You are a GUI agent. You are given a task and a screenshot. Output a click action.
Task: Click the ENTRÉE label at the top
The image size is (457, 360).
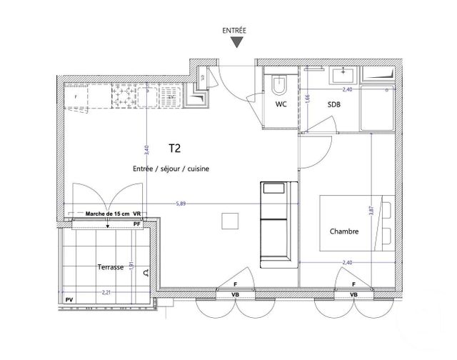[x=236, y=31]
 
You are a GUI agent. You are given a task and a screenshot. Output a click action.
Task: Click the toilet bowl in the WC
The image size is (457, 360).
[x=279, y=84]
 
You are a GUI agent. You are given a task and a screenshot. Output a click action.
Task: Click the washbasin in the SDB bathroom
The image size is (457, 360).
[x=344, y=74]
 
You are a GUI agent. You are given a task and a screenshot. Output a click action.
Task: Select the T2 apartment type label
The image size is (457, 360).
[x=174, y=149]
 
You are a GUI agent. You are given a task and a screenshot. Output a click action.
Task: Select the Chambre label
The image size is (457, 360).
[x=343, y=231]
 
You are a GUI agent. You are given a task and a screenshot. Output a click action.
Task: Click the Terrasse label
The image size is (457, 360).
[x=111, y=266]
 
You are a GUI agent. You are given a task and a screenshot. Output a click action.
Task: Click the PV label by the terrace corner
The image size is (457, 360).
[x=69, y=301]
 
